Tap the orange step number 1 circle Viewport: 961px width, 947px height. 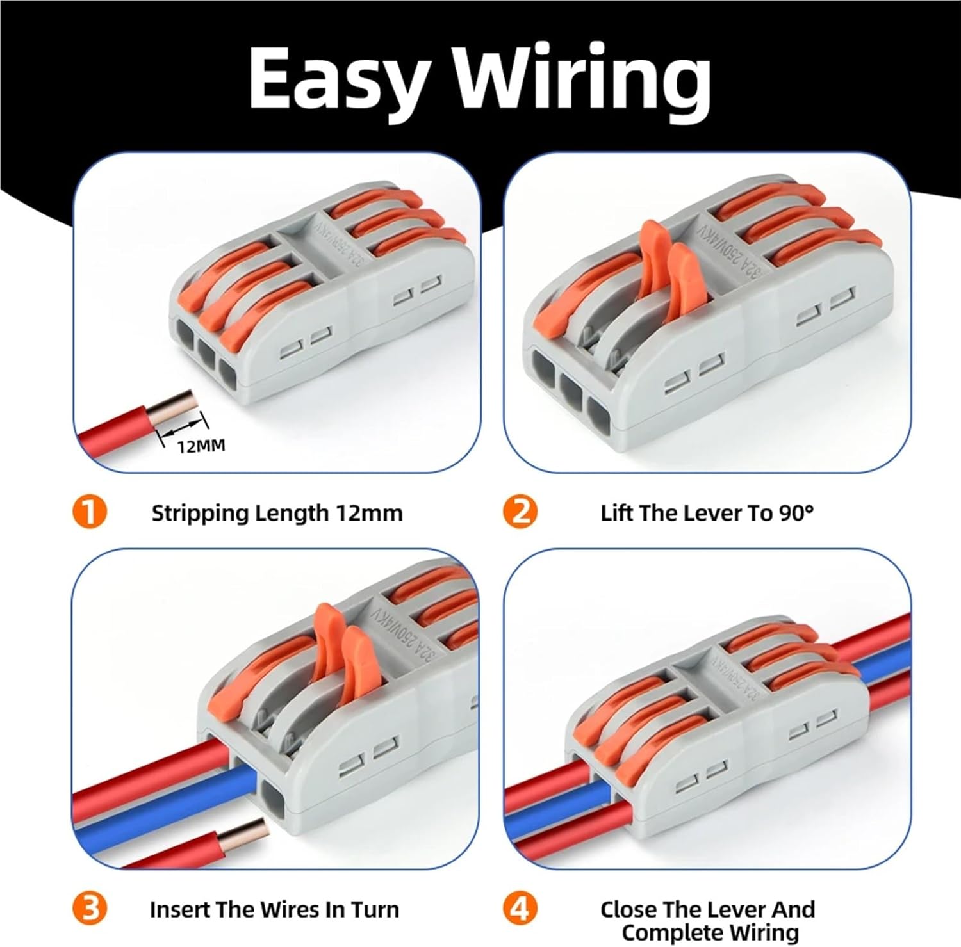[90, 512]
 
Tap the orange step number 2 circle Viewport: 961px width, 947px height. [520, 512]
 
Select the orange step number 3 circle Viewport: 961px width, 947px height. [90, 909]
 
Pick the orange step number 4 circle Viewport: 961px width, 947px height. [520, 909]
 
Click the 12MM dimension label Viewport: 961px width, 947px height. [201, 445]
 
